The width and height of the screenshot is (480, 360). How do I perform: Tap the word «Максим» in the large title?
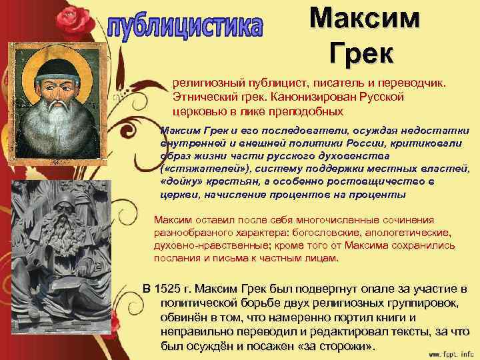coord(365,19)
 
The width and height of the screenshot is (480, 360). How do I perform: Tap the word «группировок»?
coord(411,303)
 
